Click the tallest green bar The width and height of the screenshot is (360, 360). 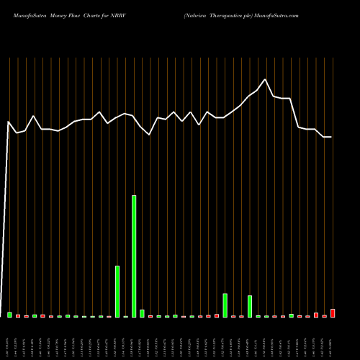point(134,256)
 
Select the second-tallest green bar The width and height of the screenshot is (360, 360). point(117,292)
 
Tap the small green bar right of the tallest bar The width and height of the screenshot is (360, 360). point(142,313)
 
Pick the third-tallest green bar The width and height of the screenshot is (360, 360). point(225,305)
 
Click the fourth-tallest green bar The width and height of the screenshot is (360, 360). point(250,306)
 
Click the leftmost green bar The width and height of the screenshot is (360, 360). point(10,315)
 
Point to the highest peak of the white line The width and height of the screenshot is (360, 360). point(266,79)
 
